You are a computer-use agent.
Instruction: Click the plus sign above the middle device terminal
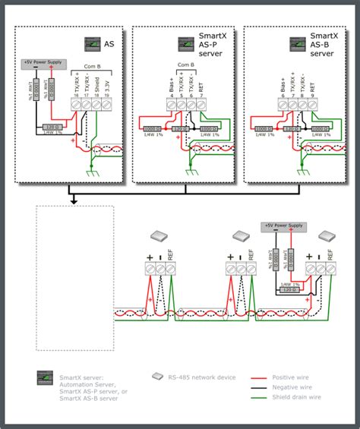[x=229, y=257]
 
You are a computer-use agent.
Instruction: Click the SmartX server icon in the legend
[x=43, y=377]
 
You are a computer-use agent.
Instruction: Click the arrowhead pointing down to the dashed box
[x=72, y=200]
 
